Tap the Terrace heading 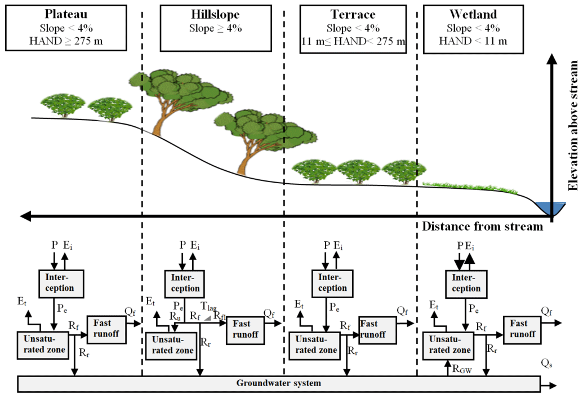[353, 14]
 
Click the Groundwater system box [278, 383]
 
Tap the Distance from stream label [483, 227]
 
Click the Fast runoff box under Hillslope [245, 329]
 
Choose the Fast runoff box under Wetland [518, 328]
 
